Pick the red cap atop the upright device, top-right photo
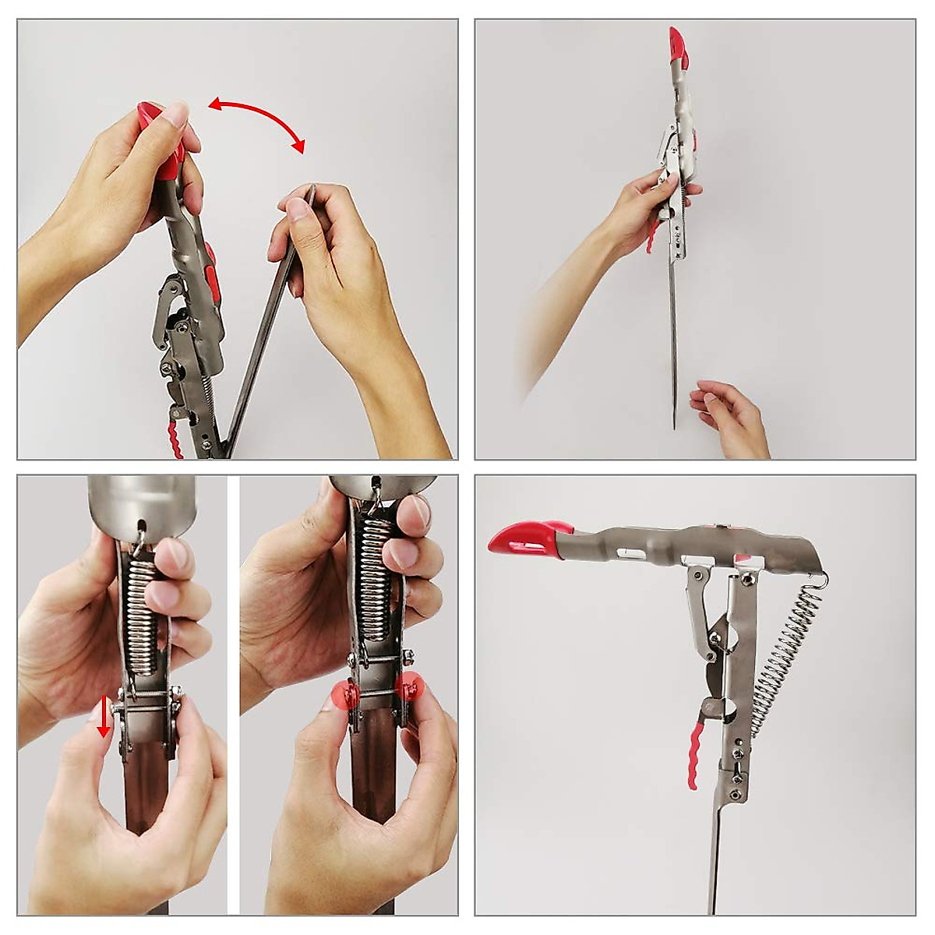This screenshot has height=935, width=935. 676,46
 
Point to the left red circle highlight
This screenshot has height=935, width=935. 343,693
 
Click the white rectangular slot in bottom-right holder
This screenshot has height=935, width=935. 633,555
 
